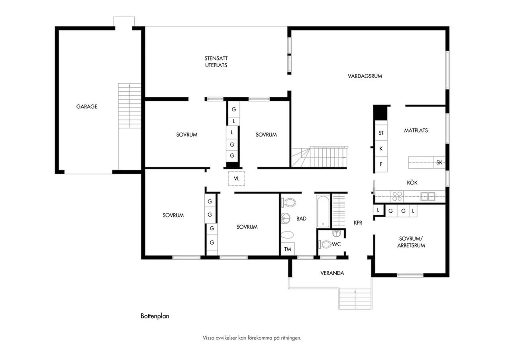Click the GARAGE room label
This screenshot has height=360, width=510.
tap(87, 106)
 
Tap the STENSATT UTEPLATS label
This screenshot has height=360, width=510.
tap(216, 62)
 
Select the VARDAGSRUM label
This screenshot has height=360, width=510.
tap(365, 76)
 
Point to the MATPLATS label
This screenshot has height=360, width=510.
tap(416, 130)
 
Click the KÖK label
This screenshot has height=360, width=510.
tap(412, 182)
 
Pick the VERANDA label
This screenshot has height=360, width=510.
tap(332, 273)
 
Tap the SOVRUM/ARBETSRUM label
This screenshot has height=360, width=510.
tap(411, 242)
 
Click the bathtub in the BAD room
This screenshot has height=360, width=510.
tap(323, 211)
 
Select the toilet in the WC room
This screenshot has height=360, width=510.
tap(325, 245)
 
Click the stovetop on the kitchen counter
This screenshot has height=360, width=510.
tap(397, 196)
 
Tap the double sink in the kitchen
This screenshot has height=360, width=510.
tap(428, 196)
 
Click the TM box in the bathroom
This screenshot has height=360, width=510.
tap(288, 249)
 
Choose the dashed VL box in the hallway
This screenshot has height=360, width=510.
tap(237, 179)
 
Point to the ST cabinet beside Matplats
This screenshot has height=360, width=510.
tap(381, 133)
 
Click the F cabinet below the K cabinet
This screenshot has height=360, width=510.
tap(381, 164)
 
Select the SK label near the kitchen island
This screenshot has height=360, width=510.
tap(439, 162)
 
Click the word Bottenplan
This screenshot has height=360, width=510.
tap(155, 316)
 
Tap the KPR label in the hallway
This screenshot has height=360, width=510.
tap(358, 223)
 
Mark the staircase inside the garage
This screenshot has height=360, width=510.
tap(129, 106)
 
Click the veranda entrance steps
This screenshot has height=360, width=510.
tap(355, 299)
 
